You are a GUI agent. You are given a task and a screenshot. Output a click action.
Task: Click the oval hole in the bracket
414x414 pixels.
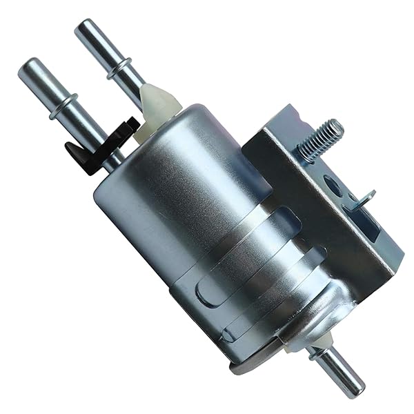tap(333, 186)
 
